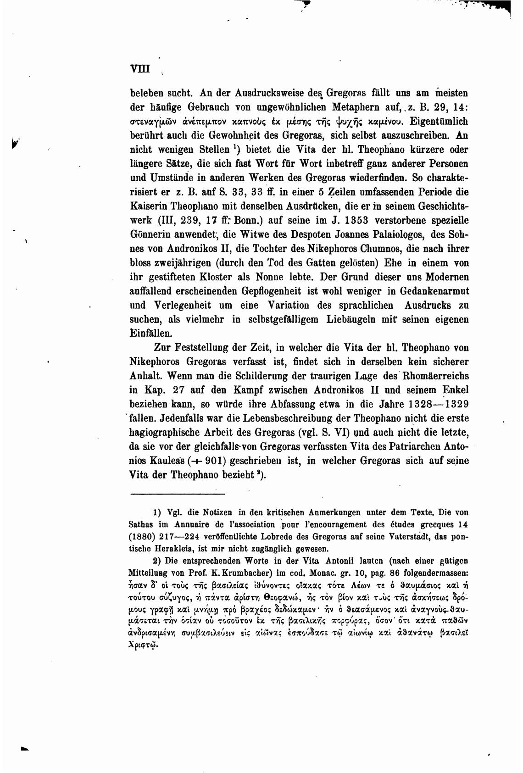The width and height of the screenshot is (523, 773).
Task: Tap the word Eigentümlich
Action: [x=439, y=122]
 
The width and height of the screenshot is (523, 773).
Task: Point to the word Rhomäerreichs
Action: [x=435, y=376]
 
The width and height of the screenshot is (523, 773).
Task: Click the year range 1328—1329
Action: [x=438, y=404]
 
